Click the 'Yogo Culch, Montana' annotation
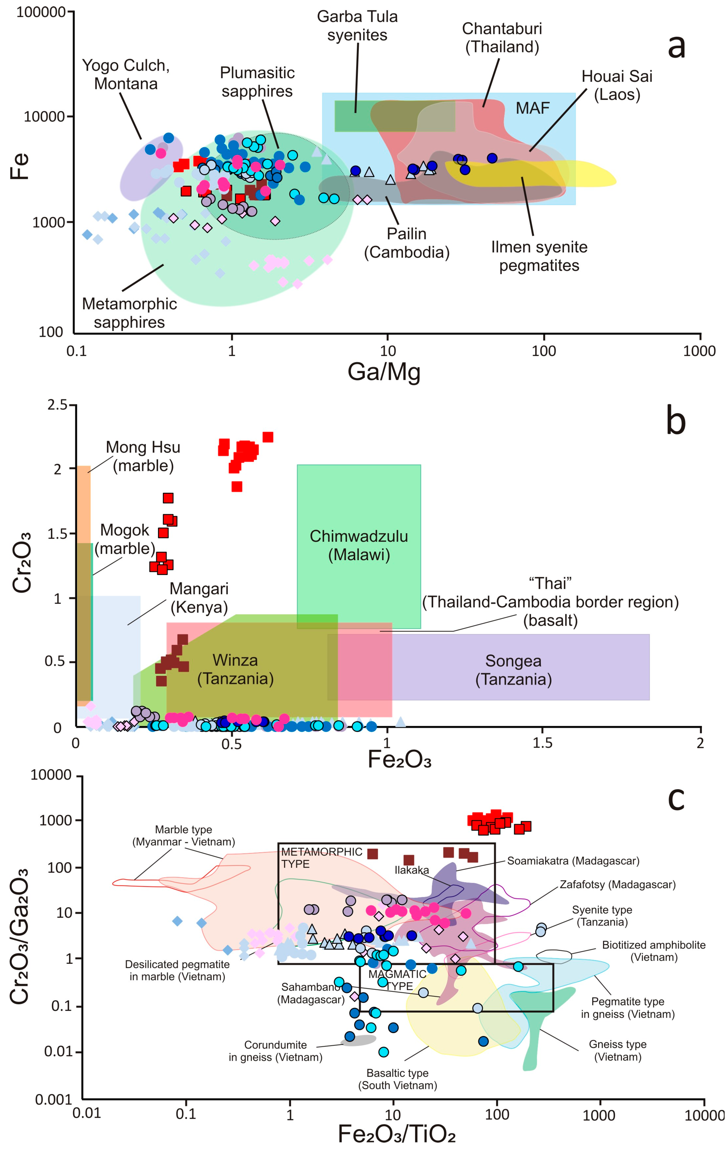[x=126, y=75]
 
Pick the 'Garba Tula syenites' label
[x=357, y=26]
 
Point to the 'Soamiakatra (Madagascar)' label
[x=573, y=861]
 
